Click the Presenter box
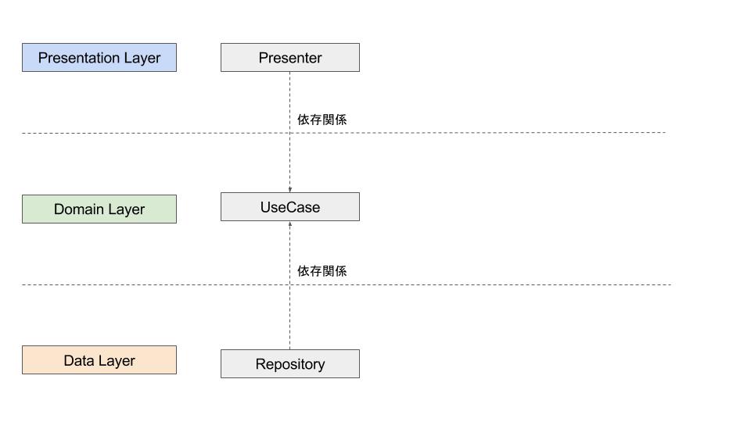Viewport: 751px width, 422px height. coord(289,58)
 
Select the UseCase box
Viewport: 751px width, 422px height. coord(289,207)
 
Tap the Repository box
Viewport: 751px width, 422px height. coord(289,364)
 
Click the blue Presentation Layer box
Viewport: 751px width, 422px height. coord(99,58)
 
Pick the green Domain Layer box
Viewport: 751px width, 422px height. coord(99,209)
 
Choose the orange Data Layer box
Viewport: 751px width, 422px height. coord(99,360)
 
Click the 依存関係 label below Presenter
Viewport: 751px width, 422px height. coord(322,120)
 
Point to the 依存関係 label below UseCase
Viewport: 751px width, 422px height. coord(322,271)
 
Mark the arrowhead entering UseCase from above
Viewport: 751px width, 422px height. coord(290,189)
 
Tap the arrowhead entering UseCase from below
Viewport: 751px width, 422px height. coord(290,224)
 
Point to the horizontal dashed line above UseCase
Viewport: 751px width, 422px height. coord(469,133)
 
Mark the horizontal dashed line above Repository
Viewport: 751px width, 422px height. coord(469,284)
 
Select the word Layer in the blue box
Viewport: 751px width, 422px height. coord(142,59)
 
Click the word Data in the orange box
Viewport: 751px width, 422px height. coord(78,360)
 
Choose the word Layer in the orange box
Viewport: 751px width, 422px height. coord(117,361)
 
